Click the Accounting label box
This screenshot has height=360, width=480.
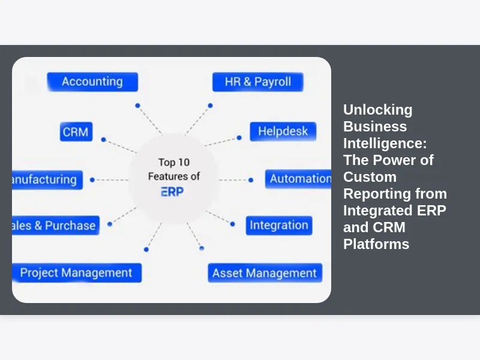click(x=92, y=82)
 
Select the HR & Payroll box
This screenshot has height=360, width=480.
click(x=257, y=82)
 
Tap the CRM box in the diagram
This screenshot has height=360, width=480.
click(x=76, y=131)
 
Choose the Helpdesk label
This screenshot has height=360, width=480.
click(x=283, y=131)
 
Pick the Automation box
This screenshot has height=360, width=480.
click(x=299, y=179)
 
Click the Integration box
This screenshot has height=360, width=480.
click(x=278, y=226)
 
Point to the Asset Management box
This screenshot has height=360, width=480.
click(x=265, y=273)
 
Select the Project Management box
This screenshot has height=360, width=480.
click(x=76, y=272)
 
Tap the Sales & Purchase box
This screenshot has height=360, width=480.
click(x=56, y=226)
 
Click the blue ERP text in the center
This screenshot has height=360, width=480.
click(x=173, y=192)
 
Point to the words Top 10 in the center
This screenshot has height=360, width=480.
click(x=175, y=162)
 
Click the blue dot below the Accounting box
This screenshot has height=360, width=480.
click(x=137, y=106)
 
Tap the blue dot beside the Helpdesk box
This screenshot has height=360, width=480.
click(x=239, y=137)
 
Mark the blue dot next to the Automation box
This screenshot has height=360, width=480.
click(x=251, y=179)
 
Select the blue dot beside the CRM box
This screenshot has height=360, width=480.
click(x=103, y=139)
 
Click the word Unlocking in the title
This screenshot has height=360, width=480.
click(x=377, y=110)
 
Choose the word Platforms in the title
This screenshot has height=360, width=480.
click(x=376, y=244)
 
